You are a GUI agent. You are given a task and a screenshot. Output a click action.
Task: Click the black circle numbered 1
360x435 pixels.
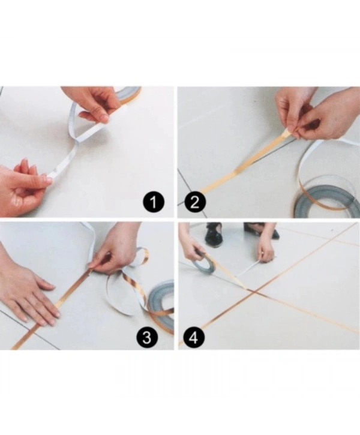click(154, 202)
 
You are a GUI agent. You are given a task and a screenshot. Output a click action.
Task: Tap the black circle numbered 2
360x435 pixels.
click(195, 202)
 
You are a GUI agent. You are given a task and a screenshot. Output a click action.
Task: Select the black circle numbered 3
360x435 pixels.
click(147, 337)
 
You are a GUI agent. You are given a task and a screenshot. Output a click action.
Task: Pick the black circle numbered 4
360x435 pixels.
click(194, 337)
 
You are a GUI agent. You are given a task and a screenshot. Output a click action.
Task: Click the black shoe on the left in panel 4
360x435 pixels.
click(214, 236)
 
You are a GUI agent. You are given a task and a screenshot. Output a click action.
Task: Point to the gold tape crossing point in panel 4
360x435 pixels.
click(254, 291)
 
